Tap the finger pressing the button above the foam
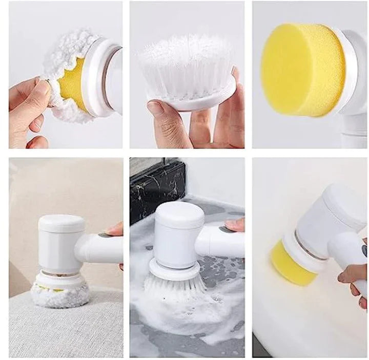point(236,224)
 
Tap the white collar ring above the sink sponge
point(302,246)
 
